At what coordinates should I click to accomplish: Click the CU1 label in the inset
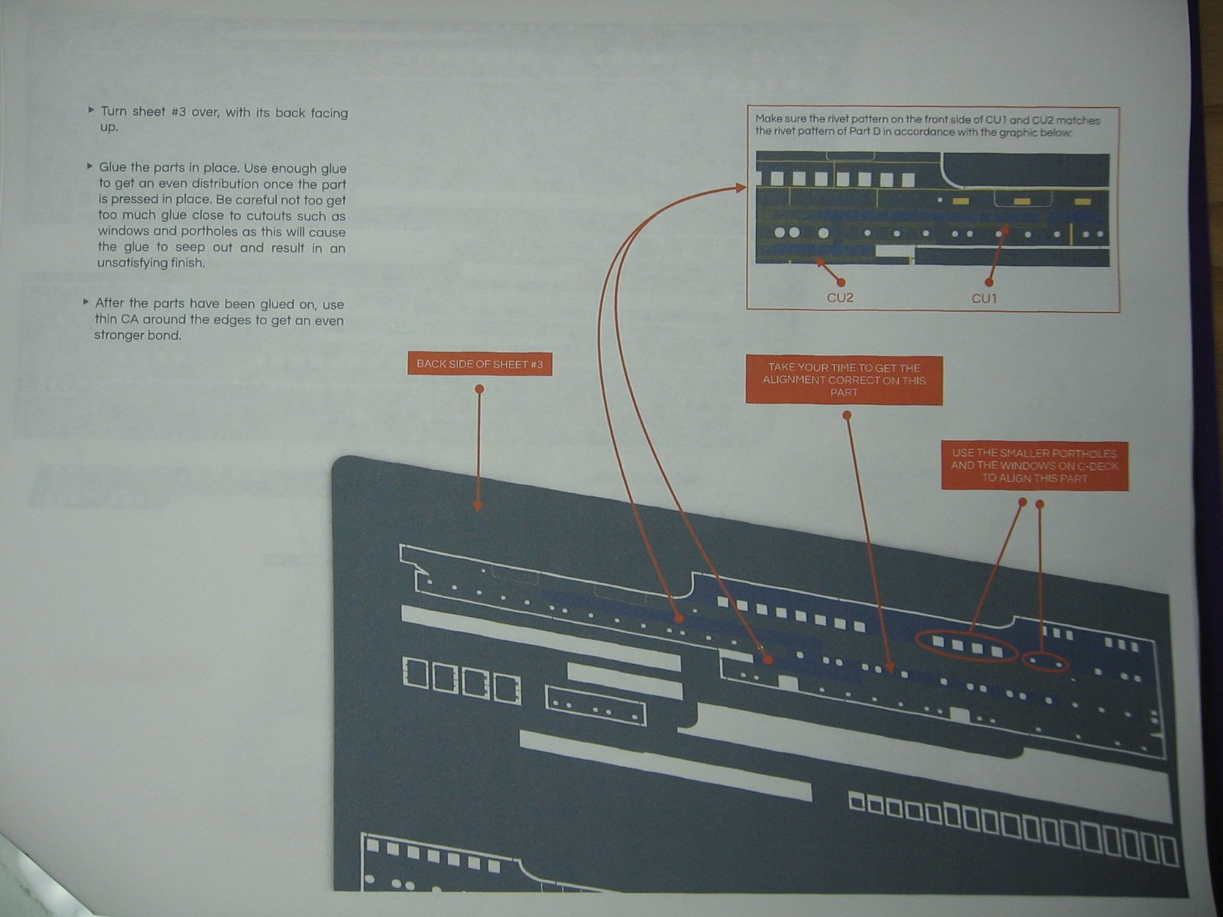coord(984,299)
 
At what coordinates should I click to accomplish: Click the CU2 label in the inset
coord(839,298)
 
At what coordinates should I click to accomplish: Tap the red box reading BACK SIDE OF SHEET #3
coord(480,365)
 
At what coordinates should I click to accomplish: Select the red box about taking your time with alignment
coord(844,381)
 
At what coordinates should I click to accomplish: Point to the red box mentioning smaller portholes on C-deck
coord(1035,466)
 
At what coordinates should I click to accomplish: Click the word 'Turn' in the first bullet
coord(114,112)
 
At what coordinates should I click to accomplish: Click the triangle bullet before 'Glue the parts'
coord(89,166)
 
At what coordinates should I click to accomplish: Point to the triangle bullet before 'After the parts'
coord(86,302)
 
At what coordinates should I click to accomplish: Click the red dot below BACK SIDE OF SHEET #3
coord(479,389)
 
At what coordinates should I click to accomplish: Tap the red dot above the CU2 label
coord(841,283)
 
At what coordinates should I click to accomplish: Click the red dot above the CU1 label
coord(989,283)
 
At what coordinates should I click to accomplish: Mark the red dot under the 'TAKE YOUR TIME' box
coord(847,416)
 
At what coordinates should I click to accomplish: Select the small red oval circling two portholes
coord(1046,653)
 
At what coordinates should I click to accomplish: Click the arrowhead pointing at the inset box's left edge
coord(741,188)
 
